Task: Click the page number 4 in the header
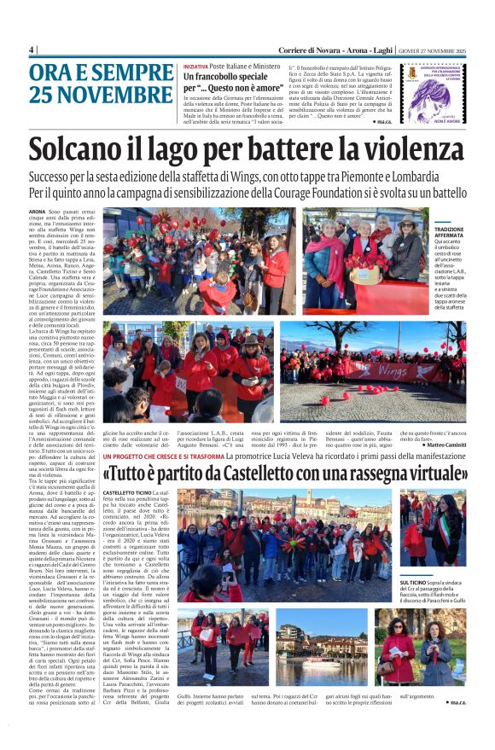pos(32,49)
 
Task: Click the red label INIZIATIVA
pos(196,66)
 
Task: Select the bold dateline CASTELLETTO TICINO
pos(128,493)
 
